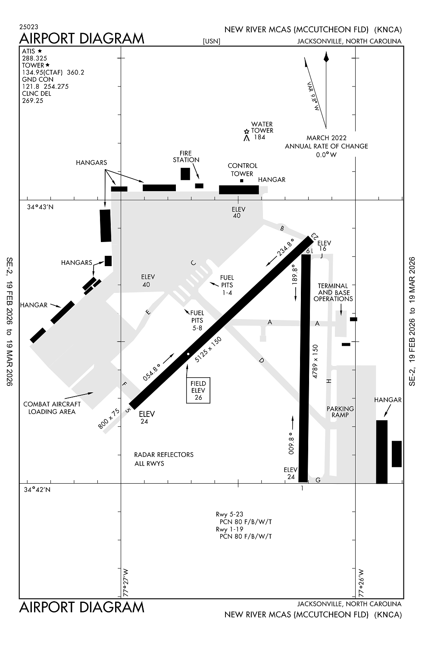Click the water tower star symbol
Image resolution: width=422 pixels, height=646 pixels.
[x=246, y=131]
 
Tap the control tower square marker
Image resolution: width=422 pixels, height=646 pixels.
[x=241, y=181]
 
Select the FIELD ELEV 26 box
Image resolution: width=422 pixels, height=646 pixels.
[x=198, y=390]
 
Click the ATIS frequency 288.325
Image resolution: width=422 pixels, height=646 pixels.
[x=34, y=58]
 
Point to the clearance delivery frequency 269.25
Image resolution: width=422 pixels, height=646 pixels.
[x=33, y=101]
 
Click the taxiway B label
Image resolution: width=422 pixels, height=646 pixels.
[x=282, y=229]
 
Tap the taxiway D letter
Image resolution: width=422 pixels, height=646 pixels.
[x=261, y=360]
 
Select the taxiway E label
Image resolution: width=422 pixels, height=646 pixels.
[x=148, y=312]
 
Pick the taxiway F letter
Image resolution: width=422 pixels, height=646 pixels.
[x=125, y=384]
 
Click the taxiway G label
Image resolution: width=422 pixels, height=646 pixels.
[x=318, y=480]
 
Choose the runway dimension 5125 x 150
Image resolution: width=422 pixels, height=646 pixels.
[x=208, y=350]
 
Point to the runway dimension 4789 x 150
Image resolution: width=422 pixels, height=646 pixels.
[x=315, y=361]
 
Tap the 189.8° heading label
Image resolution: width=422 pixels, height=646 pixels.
[x=294, y=275]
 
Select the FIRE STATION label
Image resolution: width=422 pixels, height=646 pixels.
[x=186, y=157]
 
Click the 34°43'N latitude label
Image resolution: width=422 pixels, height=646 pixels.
[x=41, y=207]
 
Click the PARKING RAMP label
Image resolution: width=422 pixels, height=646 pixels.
[x=340, y=412]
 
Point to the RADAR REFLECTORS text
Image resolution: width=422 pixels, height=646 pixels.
[x=164, y=455]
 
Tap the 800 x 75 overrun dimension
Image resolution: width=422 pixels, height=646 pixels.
[x=109, y=419]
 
